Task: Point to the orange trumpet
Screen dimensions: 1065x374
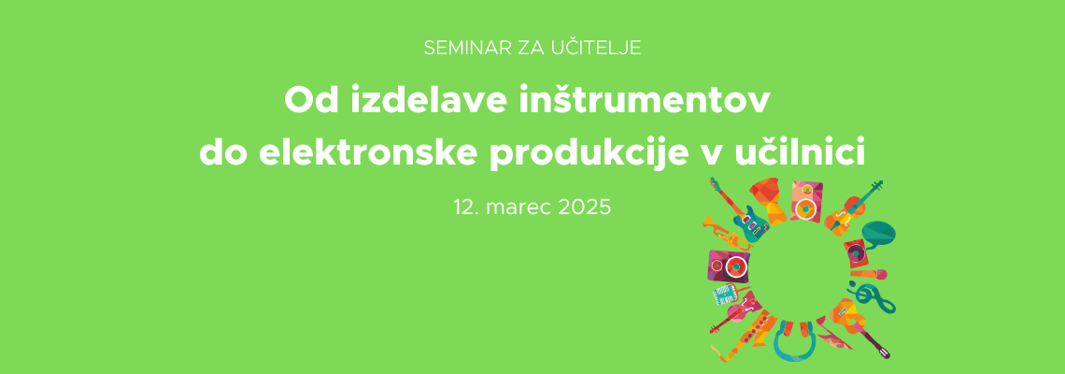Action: (725, 233)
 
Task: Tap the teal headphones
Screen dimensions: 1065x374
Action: (795, 340)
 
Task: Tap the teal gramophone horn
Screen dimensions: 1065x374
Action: (877, 234)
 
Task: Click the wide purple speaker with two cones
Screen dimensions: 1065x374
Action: (730, 266)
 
